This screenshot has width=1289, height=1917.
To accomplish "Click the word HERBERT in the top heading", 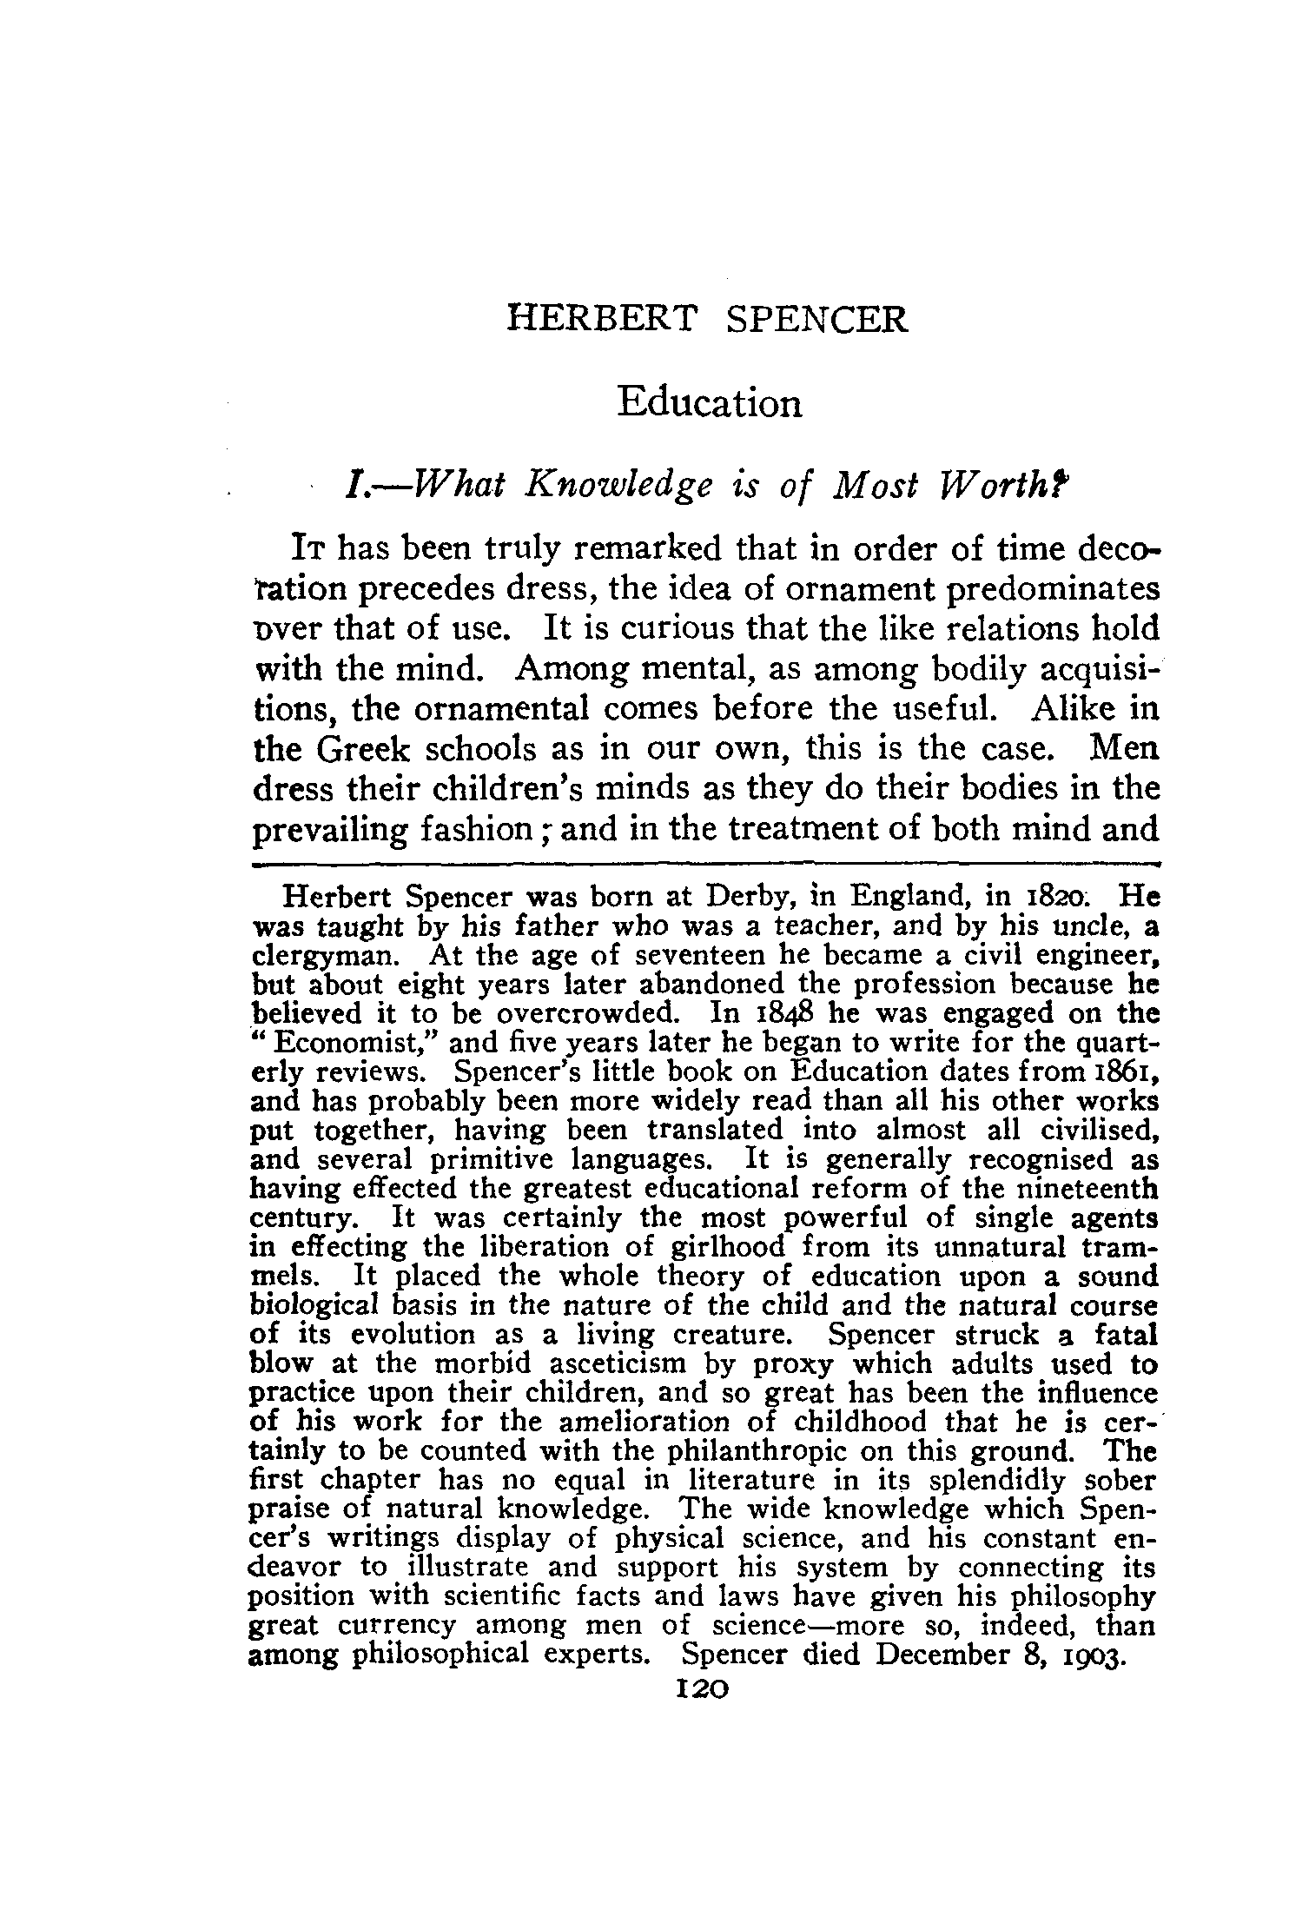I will [601, 319].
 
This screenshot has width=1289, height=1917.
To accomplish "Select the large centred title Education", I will [710, 403].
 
